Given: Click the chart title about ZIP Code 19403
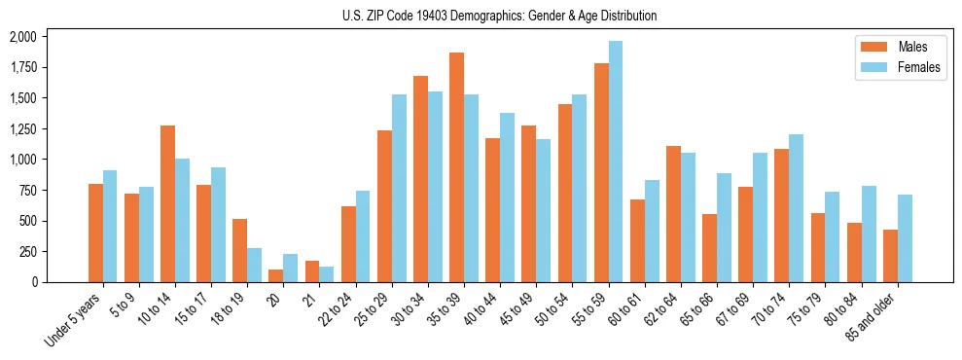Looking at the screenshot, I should [x=499, y=16].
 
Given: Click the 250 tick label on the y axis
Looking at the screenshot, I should [x=27, y=251].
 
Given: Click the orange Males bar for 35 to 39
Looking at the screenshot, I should [x=456, y=167].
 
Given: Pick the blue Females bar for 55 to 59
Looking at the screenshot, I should [x=615, y=162].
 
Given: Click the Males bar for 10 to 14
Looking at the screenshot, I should [x=167, y=203].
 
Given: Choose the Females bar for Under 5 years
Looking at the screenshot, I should [x=110, y=226].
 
